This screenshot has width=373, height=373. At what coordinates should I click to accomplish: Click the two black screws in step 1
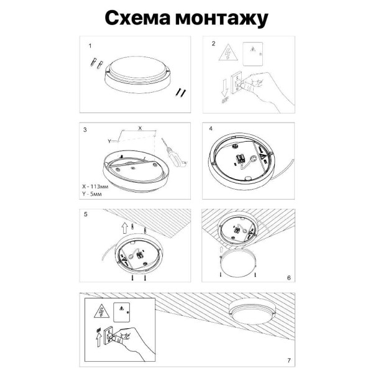pyautogui.click(x=180, y=92)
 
